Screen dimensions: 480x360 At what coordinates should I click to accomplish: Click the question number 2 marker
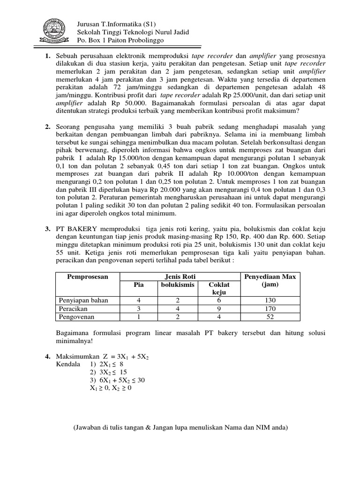(x=48, y=127)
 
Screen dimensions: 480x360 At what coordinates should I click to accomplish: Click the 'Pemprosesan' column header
(x=87, y=277)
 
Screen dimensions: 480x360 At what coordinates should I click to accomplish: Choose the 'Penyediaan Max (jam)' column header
(x=270, y=280)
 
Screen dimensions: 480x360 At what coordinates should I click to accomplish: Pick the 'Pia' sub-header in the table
(x=138, y=285)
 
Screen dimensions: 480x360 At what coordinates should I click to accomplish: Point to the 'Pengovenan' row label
(x=75, y=317)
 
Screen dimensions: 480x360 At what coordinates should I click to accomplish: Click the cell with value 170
(x=270, y=309)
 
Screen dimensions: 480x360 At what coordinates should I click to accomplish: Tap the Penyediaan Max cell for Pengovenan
(x=270, y=317)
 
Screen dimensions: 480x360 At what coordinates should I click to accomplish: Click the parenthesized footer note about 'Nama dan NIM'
(x=180, y=427)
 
